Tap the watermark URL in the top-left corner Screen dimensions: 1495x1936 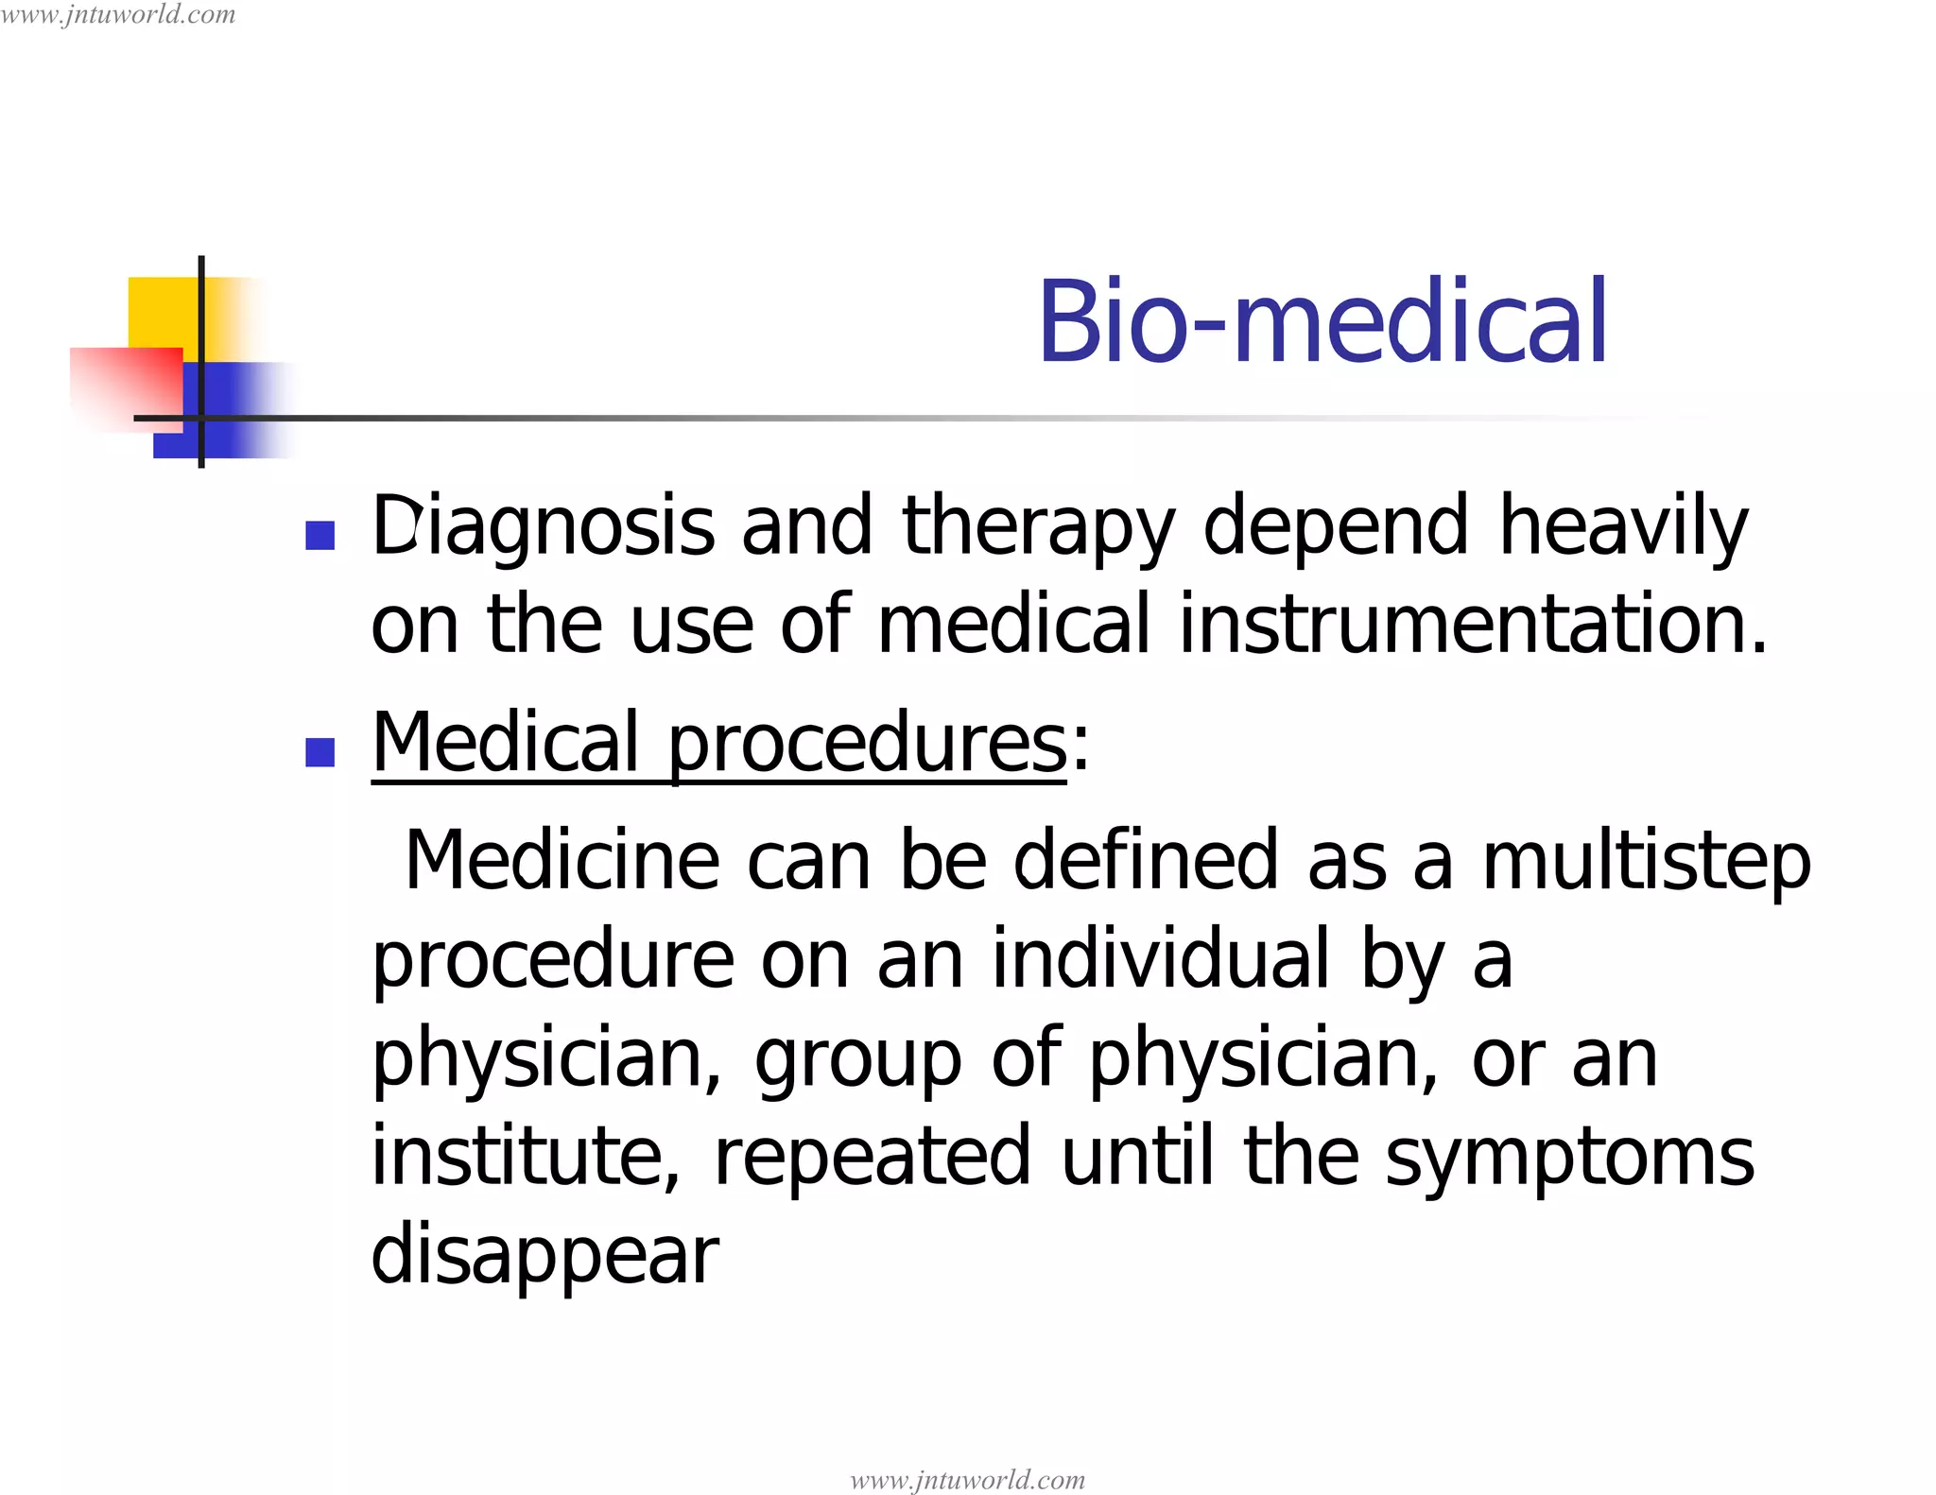(118, 14)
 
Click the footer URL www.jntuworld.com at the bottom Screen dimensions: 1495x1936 (967, 1479)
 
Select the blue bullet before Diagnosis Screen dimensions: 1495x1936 (320, 536)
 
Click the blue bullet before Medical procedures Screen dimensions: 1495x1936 (320, 752)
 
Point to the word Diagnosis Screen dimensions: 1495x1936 (543, 527)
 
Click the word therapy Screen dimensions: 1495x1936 (1039, 527)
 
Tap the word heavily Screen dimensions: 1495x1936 (1623, 527)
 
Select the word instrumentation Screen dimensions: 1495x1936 (1472, 624)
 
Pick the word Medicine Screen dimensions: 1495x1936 (562, 860)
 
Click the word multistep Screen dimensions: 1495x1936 (1646, 862)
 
